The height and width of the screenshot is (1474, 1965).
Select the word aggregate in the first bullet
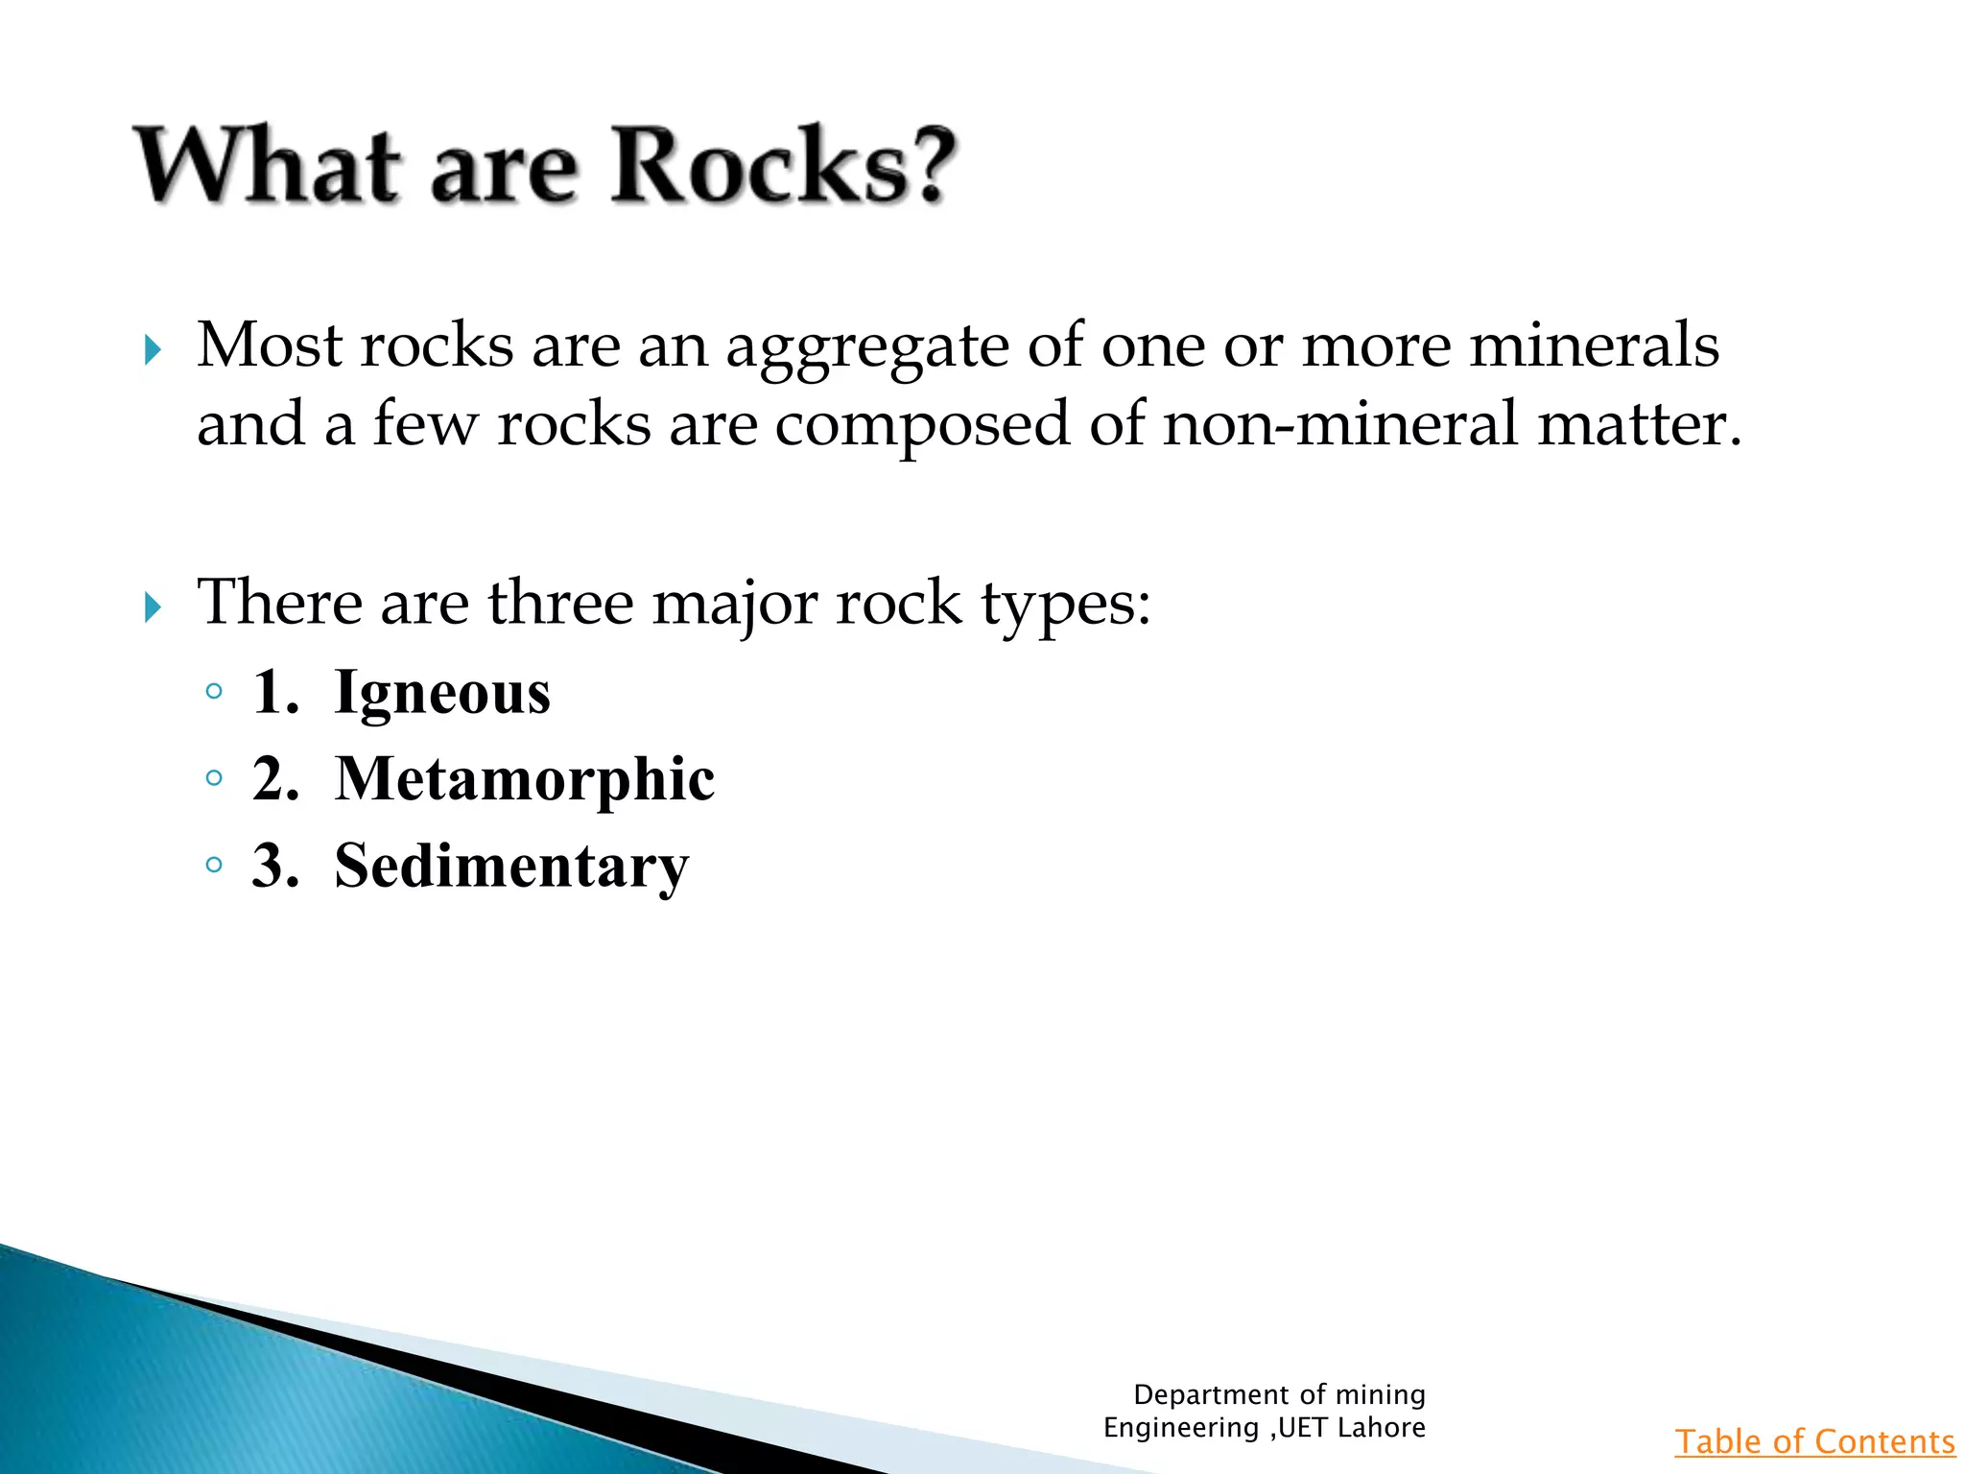coord(866,347)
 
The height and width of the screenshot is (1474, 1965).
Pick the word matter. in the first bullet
coord(1639,424)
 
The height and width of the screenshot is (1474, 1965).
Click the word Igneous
coord(442,693)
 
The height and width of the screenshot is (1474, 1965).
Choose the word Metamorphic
coord(525,778)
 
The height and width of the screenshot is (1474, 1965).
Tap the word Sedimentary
coord(511,866)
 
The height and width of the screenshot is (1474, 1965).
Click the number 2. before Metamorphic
coord(275,778)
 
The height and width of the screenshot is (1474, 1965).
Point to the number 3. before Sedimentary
coord(275,866)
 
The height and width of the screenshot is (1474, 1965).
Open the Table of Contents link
coord(1814,1441)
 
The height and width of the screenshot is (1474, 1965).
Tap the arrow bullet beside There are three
coord(153,606)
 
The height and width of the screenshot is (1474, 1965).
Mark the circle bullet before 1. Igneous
coord(214,691)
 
